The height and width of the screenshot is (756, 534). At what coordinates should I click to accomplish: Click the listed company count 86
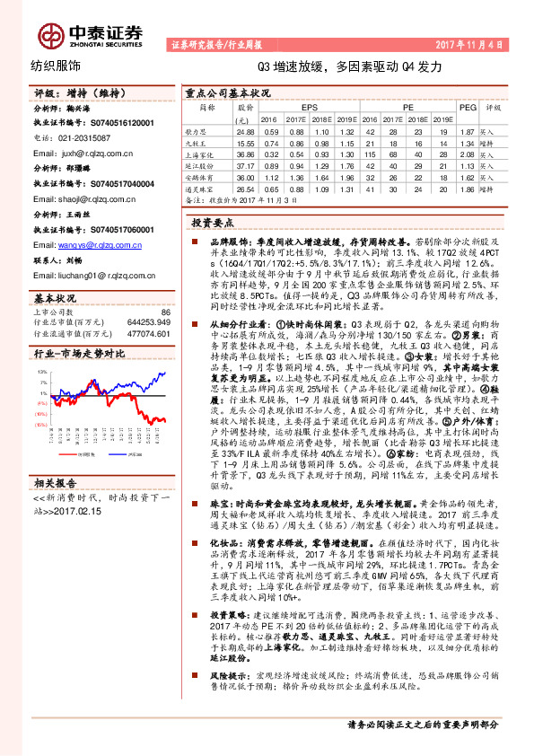pos(165,311)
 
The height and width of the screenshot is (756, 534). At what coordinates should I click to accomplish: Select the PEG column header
pos(466,106)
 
